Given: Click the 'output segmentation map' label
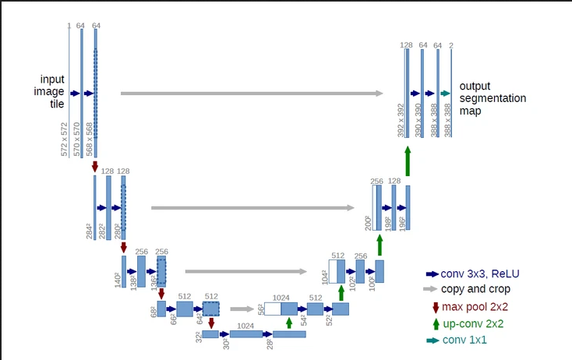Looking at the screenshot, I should coord(492,98).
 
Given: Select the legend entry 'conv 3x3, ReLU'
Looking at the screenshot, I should coord(479,274).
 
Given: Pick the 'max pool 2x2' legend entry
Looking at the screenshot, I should coord(475,306).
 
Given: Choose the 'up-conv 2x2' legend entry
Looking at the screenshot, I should coord(474,323).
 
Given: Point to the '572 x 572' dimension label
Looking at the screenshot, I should coord(65,139).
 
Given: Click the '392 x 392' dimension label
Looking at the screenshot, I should coord(401,120).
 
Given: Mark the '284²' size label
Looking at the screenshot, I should coord(90,231).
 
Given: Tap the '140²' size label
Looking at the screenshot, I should coord(118,279).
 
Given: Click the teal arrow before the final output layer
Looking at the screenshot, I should coord(446,94).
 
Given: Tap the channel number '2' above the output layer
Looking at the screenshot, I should coord(451,46).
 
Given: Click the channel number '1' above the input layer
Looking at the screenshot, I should coord(69,26).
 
